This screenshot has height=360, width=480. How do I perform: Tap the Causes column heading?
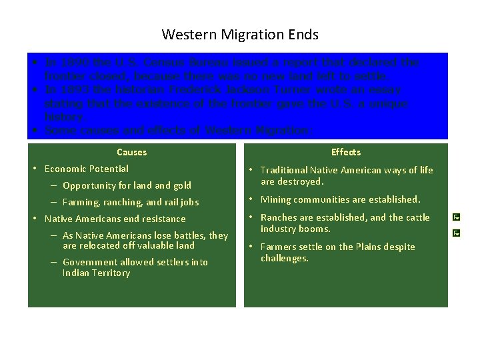click(131, 152)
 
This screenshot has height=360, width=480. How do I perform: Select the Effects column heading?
click(345, 152)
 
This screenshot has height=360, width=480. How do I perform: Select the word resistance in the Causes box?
click(163, 219)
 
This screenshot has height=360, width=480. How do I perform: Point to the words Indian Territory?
click(96, 273)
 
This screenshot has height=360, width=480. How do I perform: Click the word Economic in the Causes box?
click(64, 169)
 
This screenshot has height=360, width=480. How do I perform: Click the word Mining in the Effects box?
click(275, 199)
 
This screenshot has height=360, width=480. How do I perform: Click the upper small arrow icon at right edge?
click(456, 217)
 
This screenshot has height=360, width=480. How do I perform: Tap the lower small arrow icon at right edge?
click(456, 233)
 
